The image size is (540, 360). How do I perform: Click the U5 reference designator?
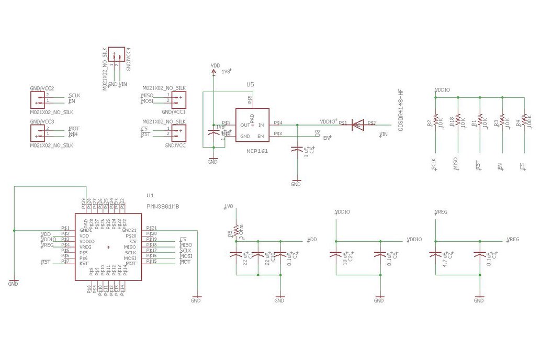[x=250, y=85]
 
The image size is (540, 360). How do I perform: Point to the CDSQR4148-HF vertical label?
[x=401, y=110]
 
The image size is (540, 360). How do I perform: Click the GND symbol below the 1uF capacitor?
[x=296, y=183]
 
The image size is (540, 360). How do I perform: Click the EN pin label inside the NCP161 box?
[x=260, y=137]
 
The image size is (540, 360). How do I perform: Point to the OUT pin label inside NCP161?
[x=244, y=126]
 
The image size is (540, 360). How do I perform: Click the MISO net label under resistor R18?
[x=456, y=162]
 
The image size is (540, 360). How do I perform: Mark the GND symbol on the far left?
[x=13, y=283]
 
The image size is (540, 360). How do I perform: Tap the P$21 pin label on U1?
[x=152, y=228]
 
